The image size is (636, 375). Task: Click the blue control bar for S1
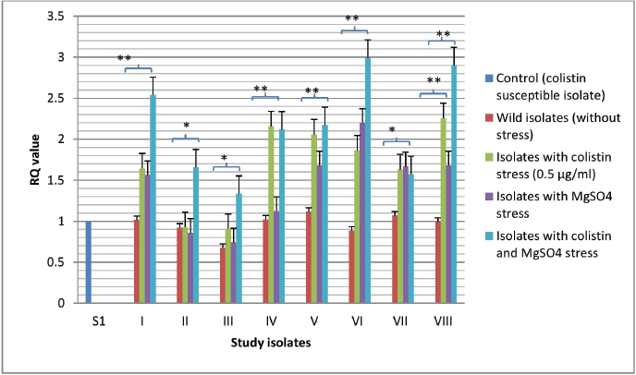pos(90,262)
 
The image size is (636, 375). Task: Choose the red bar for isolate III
pos(223,275)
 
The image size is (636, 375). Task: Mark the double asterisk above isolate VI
pos(353,18)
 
